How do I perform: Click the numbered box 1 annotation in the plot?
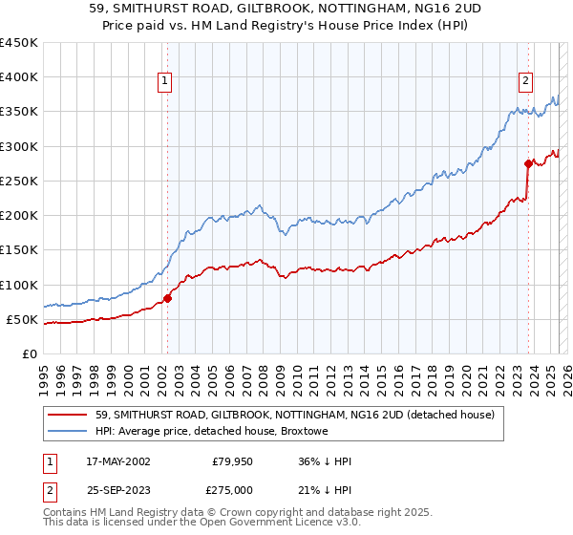(165, 81)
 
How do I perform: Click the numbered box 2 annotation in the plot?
(525, 81)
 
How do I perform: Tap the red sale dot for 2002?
(167, 298)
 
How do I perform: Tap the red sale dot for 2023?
(528, 163)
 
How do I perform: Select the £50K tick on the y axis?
(22, 319)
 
